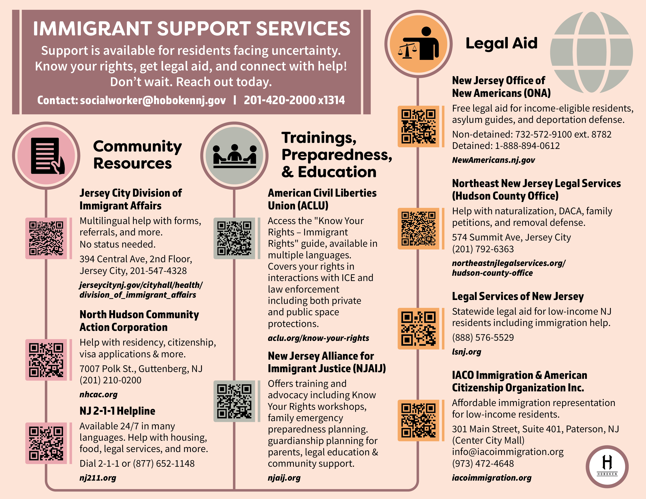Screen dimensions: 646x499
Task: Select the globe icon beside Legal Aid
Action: point(591,52)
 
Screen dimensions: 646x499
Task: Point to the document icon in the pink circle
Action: point(47,156)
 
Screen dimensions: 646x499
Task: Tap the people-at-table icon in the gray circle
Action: point(235,156)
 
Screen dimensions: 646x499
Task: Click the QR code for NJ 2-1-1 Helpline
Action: point(46,443)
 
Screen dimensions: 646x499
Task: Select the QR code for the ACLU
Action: point(234,238)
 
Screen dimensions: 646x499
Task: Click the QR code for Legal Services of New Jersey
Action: point(418,328)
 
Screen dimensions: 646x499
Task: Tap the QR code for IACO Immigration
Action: point(418,420)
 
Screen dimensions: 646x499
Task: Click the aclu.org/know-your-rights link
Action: point(318,338)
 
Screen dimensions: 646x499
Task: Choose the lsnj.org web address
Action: point(466,352)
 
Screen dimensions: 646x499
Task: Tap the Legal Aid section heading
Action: point(501,43)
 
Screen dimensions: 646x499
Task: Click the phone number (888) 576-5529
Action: point(483,337)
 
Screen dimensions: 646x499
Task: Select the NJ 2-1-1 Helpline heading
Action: point(117,411)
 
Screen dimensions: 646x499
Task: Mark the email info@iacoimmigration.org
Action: point(508,452)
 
